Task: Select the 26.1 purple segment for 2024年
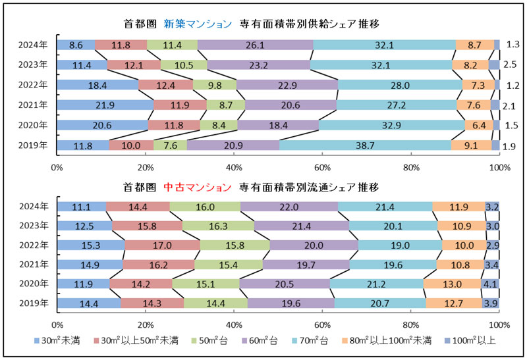pyautogui.click(x=254, y=45)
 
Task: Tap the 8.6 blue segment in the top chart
pyautogui.click(x=75, y=45)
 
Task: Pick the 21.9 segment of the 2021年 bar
pyautogui.click(x=105, y=105)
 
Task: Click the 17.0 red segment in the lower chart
pyautogui.click(x=162, y=246)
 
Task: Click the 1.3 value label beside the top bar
pyautogui.click(x=513, y=45)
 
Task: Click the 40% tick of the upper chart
pyautogui.click(x=234, y=167)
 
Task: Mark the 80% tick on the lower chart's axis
pyautogui.click(x=410, y=325)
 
